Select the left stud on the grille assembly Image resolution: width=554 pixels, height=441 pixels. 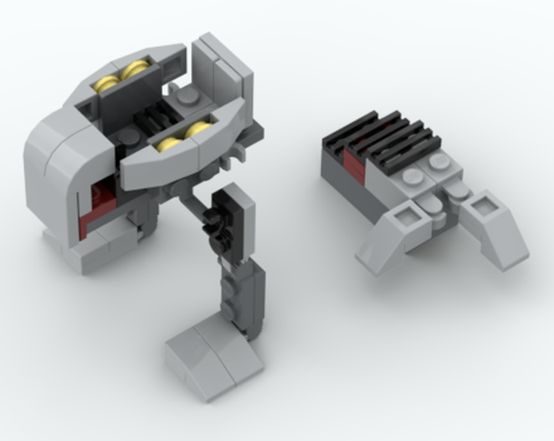click(411, 177)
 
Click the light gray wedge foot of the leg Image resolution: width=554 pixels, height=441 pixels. click(213, 355)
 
